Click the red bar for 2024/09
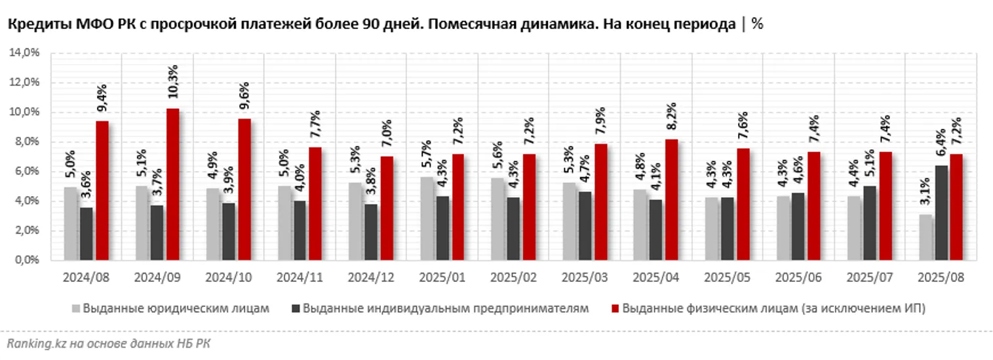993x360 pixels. tap(172, 184)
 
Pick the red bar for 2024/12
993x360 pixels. tap(387, 208)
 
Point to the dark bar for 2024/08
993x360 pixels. tap(85, 233)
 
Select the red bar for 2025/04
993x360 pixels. tap(671, 199)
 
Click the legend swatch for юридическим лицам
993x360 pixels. tap(76, 308)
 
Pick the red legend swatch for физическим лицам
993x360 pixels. tap(615, 308)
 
